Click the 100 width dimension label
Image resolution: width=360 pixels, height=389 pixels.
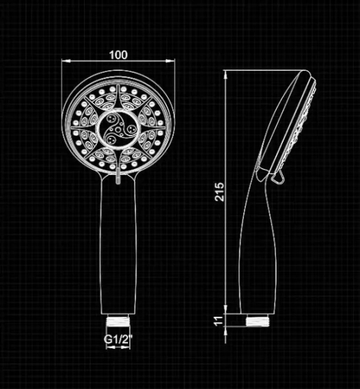118,55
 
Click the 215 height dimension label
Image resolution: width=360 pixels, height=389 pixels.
220,192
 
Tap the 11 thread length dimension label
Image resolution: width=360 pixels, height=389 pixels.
218,321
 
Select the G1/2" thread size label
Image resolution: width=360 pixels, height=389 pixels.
118,339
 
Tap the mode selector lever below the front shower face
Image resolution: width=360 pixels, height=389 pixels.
118,176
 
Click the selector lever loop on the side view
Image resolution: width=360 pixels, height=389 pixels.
278,178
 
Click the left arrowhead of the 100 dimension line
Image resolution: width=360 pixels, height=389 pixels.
66,61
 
